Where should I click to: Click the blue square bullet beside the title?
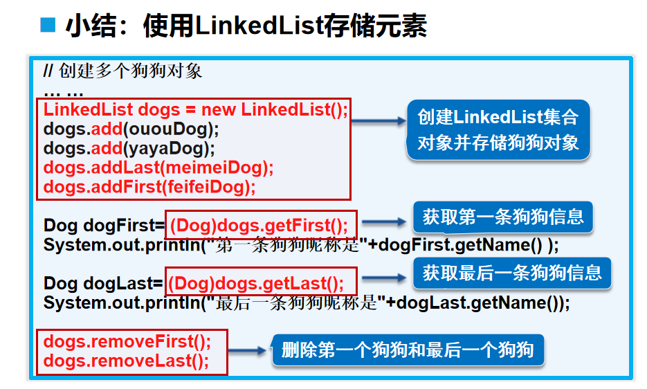point(47,26)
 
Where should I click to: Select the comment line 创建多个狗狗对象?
point(131,71)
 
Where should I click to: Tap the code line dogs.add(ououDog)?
point(131,129)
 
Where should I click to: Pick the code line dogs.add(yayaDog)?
point(129,148)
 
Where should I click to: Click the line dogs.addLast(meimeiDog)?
point(158,168)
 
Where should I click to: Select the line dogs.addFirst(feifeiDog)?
point(149,187)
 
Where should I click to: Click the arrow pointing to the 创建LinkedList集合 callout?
point(379,120)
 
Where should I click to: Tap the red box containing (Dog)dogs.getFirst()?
point(261,225)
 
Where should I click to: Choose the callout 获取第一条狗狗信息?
point(503,217)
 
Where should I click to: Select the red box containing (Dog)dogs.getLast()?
point(261,282)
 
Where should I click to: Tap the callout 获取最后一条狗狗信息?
point(512,273)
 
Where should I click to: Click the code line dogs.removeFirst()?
point(127,342)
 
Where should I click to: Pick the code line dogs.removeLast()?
point(126,361)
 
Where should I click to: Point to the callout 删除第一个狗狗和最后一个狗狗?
point(408,350)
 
